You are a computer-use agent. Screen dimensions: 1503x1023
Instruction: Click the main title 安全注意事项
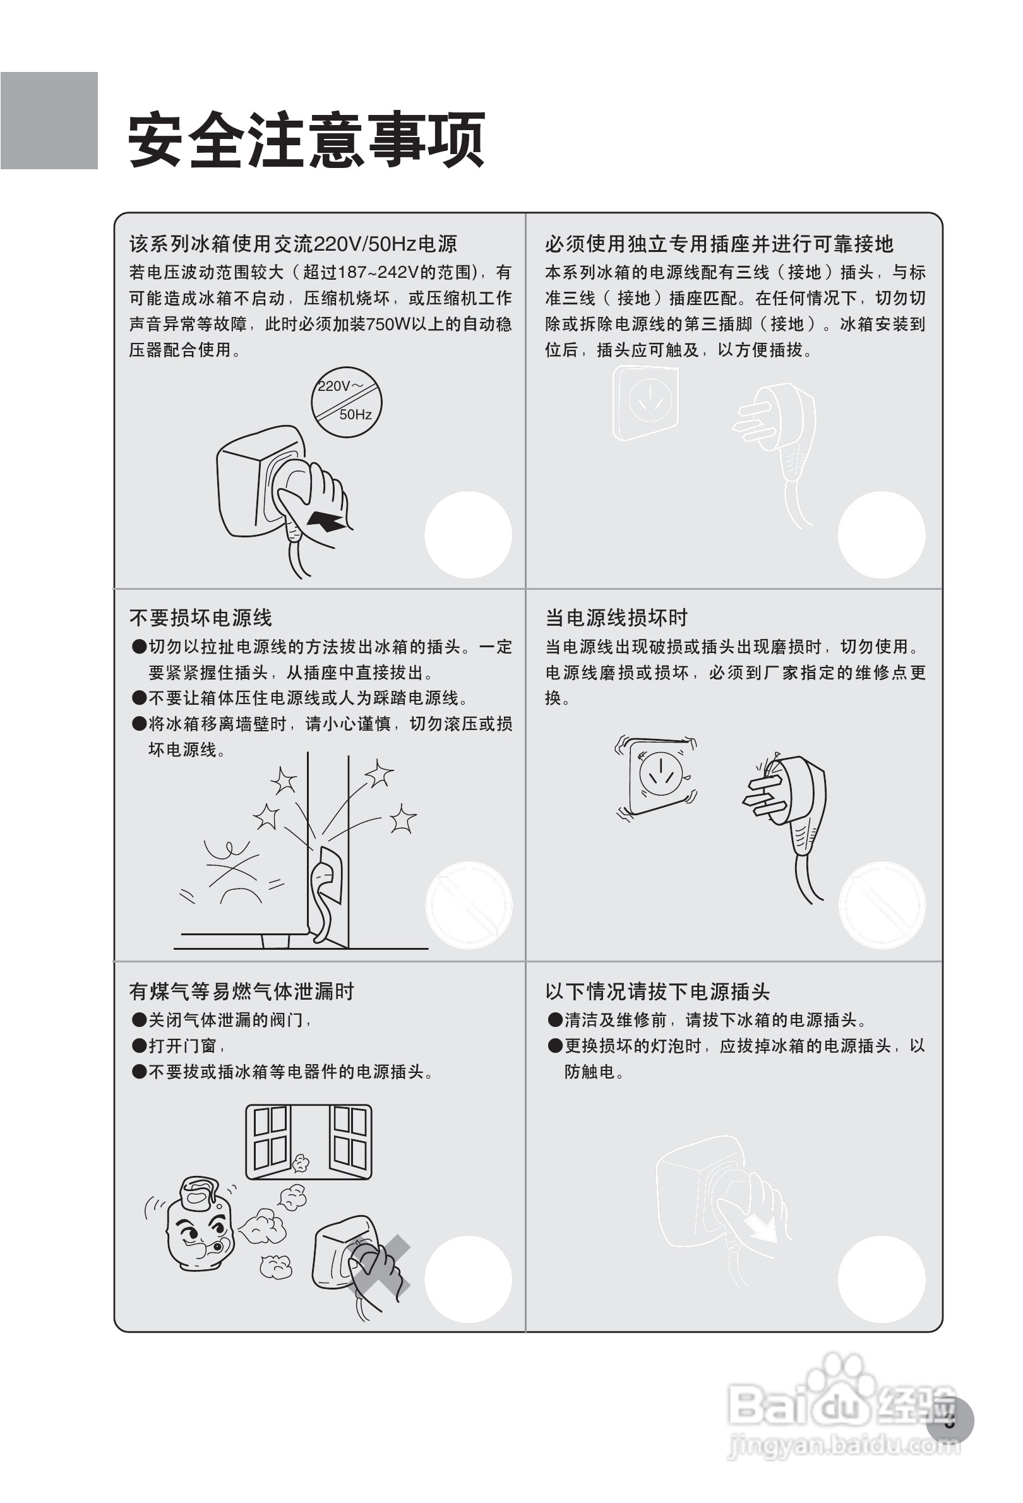point(306,140)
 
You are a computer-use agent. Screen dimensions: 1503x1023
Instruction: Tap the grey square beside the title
point(49,121)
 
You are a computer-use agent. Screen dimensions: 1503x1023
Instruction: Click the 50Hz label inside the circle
point(355,414)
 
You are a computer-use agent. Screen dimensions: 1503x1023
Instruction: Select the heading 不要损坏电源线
point(200,618)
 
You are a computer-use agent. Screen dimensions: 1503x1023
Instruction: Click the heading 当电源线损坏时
point(616,618)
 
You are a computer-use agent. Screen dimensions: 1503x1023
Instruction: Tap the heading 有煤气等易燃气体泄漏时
point(241,991)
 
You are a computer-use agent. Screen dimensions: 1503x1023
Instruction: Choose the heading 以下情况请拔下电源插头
point(657,991)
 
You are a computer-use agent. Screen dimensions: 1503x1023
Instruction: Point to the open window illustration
point(308,1142)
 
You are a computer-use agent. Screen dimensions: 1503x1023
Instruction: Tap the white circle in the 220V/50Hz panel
point(467,535)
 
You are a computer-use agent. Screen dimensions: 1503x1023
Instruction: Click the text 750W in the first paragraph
point(388,324)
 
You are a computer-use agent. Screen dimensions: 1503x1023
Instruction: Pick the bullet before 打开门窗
point(139,1046)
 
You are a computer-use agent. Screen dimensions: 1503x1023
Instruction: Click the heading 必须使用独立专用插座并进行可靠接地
point(719,244)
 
